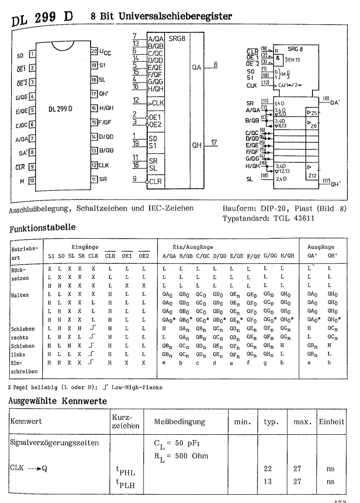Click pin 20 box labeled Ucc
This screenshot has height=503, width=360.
[x=95, y=50]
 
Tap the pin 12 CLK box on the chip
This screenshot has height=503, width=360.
[x=95, y=165]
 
